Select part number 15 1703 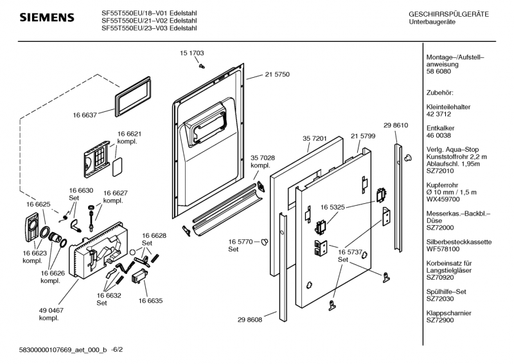click(x=192, y=53)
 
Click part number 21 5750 click(x=277, y=75)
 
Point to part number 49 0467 click(x=49, y=311)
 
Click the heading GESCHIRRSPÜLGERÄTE click(x=448, y=14)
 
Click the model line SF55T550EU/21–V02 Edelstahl click(x=149, y=20)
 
